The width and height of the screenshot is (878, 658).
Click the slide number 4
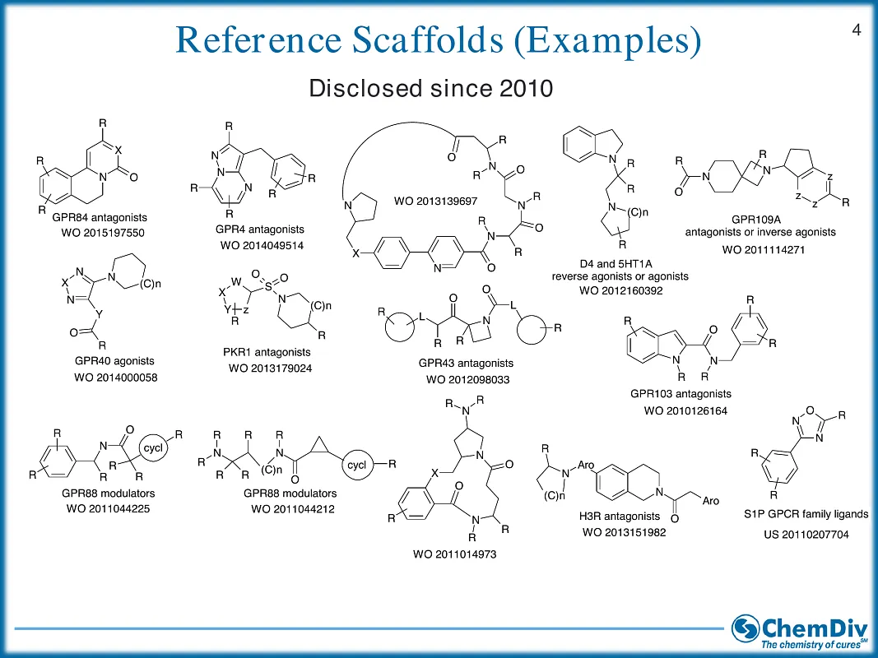point(856,31)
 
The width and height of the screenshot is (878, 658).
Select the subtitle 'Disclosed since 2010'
point(430,89)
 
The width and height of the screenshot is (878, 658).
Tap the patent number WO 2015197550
point(97,234)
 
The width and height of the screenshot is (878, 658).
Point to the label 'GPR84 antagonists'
point(97,218)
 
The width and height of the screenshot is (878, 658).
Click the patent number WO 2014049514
point(262,245)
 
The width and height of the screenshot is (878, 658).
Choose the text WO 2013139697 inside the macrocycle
point(435,201)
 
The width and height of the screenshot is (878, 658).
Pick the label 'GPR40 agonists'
point(114,361)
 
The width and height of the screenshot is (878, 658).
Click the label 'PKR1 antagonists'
point(267,352)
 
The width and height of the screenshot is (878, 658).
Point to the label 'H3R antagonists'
point(620,517)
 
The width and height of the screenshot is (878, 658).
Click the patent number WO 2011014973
point(454,554)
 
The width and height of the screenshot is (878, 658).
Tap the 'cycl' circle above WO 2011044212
point(357,465)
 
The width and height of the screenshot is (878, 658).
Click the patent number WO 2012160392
point(620,290)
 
